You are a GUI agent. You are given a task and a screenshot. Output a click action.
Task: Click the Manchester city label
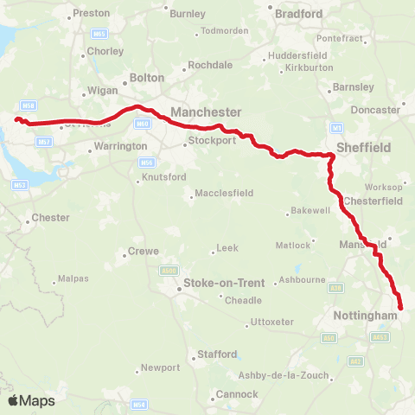pos(206,112)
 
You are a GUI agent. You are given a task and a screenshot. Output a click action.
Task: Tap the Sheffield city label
pos(363,148)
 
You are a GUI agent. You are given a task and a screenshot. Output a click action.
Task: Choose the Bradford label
pos(298,14)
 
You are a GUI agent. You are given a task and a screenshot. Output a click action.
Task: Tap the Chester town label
pos(49,218)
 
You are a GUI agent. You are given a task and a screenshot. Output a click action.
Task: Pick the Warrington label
pos(120,147)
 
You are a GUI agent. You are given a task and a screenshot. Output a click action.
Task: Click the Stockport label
pos(216,140)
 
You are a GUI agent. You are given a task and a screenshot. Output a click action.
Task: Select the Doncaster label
pos(376,110)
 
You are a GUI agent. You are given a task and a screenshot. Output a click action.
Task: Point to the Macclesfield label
pos(221,193)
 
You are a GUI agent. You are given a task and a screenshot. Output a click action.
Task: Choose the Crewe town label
pos(143,252)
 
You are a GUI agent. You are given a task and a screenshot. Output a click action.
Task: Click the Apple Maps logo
pos(31,401)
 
